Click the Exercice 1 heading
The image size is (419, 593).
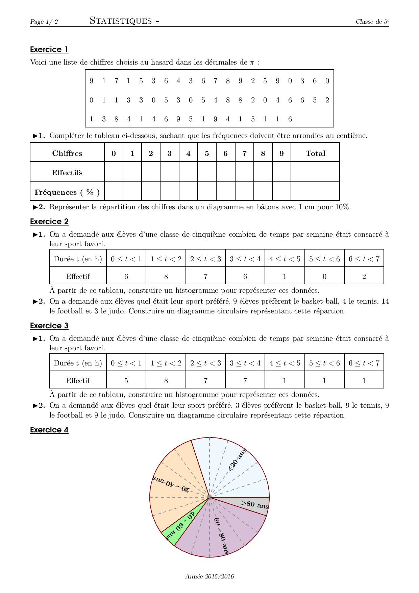[49, 50]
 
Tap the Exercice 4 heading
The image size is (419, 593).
[49, 430]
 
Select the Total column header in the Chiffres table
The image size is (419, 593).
[315, 153]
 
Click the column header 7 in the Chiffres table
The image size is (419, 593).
[244, 153]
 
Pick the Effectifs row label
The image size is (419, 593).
[67, 173]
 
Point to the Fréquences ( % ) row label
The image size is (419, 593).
[67, 192]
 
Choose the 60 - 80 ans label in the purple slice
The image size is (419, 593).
[221, 536]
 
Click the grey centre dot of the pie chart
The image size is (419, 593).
[209, 497]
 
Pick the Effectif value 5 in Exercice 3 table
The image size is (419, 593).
[126, 381]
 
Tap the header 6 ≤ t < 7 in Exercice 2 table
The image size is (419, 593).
[364, 259]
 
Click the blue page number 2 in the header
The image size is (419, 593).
[56, 22]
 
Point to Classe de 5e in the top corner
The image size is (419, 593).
[372, 22]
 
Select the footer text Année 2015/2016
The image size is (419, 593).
[209, 576]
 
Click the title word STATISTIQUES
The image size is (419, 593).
[121, 21]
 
